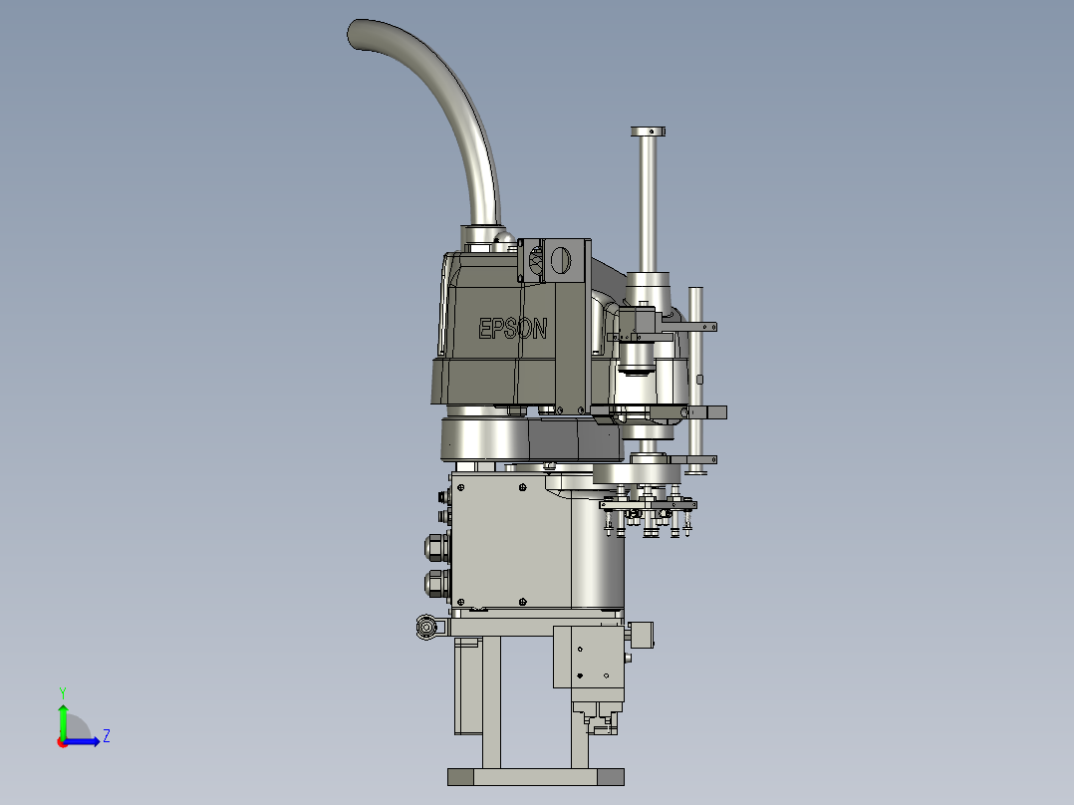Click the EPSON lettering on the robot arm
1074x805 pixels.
click(512, 328)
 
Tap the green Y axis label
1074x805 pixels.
click(63, 692)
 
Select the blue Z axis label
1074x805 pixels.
click(107, 736)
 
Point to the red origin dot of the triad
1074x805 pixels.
click(63, 742)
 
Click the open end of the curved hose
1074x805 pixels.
click(357, 34)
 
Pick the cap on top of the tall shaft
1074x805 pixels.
click(648, 131)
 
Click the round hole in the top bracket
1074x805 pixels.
click(560, 260)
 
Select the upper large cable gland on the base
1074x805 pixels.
click(436, 548)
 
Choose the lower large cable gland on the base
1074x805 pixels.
click(436, 585)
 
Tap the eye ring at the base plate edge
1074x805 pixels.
click(426, 627)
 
